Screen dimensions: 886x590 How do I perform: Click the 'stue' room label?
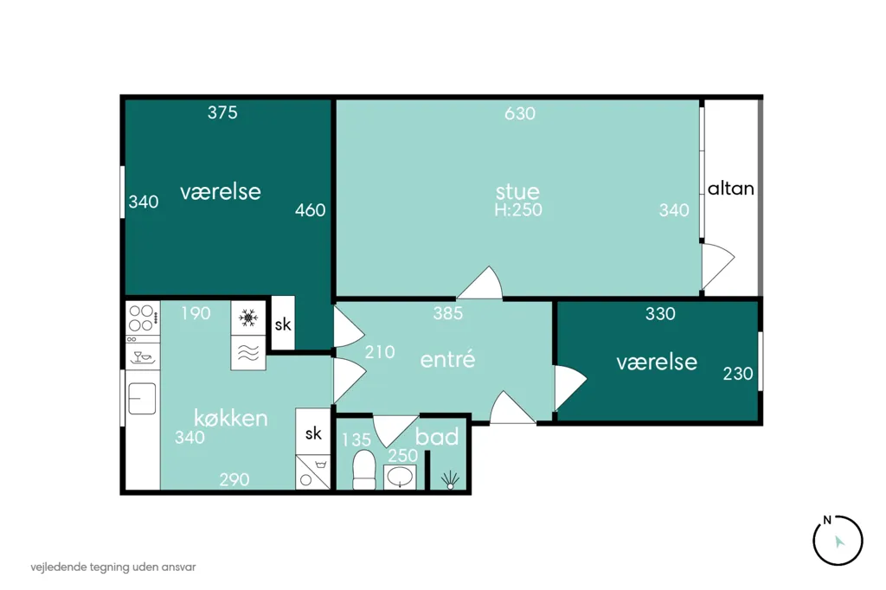point(517,191)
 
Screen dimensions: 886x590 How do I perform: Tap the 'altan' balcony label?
point(730,189)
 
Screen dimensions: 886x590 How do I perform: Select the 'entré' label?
point(447,359)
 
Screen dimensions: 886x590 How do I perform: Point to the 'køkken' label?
point(230,418)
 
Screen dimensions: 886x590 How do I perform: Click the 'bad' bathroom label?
point(437,437)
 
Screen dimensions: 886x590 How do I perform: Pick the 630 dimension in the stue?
point(520,113)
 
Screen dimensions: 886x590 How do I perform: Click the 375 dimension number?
point(222,112)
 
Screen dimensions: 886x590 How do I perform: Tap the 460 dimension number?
point(311,210)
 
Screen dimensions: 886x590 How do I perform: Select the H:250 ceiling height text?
point(518,210)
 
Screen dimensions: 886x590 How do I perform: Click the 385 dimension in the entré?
point(448,313)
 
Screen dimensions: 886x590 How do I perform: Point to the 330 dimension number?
point(660,314)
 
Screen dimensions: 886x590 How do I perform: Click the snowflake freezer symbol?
point(248,317)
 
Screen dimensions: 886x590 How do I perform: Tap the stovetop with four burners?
point(142,318)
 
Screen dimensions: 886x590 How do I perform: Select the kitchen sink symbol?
point(142,399)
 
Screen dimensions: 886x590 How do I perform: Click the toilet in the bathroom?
point(364,470)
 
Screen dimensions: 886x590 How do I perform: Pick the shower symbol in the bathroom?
point(450,480)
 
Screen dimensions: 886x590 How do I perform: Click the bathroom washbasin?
point(401,477)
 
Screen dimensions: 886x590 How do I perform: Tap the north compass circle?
point(838,541)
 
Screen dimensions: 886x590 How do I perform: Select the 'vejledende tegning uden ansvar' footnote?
point(113,567)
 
